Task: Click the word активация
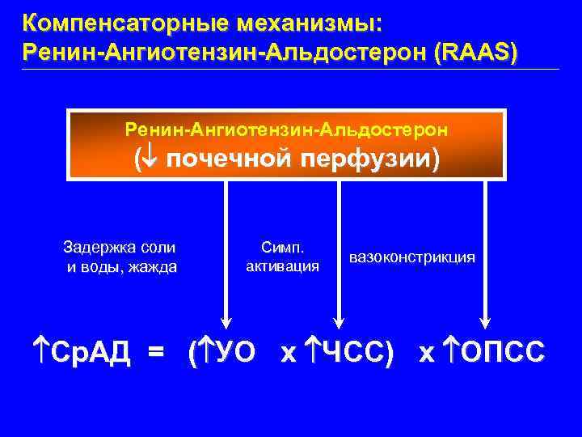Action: click(x=282, y=266)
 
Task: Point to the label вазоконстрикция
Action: click(x=412, y=257)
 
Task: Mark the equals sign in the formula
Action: click(x=155, y=353)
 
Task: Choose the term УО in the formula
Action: click(x=234, y=353)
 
